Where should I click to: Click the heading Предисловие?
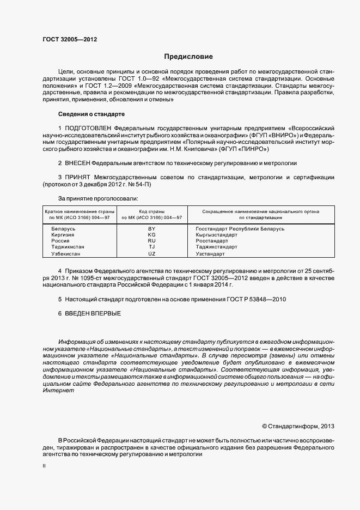pyautogui.click(x=188, y=57)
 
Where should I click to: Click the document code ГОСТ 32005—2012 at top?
pyautogui.click(x=70, y=39)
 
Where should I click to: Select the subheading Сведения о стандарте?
pyautogui.click(x=91, y=114)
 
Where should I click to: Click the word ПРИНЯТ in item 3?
pyautogui.click(x=77, y=178)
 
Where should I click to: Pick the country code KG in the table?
pyautogui.click(x=152, y=235)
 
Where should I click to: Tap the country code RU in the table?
pyautogui.click(x=152, y=241)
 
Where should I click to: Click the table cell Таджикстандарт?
pyautogui.click(x=216, y=247)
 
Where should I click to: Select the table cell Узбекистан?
pyautogui.click(x=66, y=254)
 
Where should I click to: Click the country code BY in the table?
pyautogui.click(x=152, y=229)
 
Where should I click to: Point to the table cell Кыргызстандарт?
pyautogui.click(x=216, y=235)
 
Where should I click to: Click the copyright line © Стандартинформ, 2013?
pyautogui.click(x=298, y=426)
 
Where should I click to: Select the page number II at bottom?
pyautogui.click(x=45, y=467)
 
